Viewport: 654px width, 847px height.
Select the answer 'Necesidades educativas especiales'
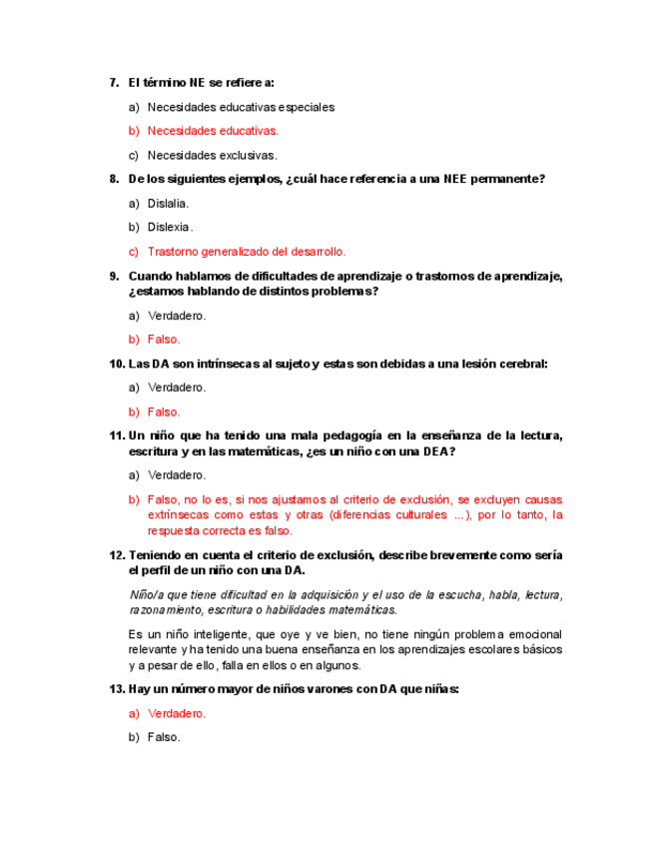click(x=241, y=106)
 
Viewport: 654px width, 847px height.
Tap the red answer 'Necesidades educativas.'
click(x=213, y=131)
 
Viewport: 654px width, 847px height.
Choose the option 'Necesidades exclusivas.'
click(x=212, y=155)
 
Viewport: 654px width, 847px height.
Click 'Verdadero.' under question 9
click(x=177, y=316)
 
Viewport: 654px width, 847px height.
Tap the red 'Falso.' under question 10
click(x=164, y=412)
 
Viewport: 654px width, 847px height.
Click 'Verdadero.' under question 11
click(x=177, y=475)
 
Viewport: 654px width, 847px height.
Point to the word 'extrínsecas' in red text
click(x=177, y=515)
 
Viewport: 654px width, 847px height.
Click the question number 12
click(x=117, y=555)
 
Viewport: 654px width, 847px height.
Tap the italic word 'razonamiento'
click(x=165, y=609)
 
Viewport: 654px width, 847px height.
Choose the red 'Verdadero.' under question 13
click(x=177, y=713)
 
